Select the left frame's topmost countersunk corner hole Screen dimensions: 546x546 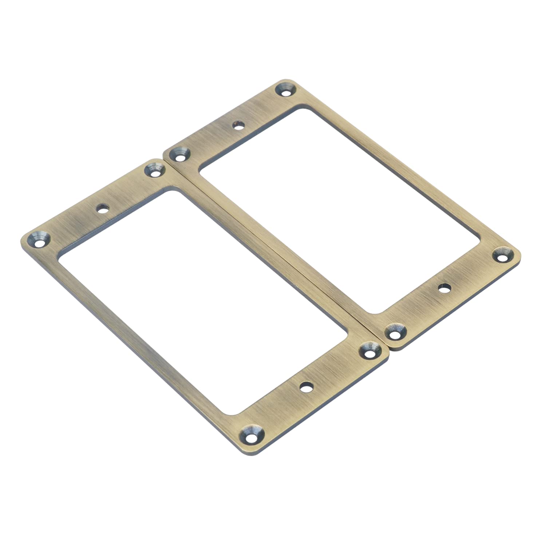(x=155, y=170)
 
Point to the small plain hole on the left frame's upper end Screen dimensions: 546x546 (x=103, y=209)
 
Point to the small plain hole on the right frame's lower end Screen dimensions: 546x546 (x=444, y=288)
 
